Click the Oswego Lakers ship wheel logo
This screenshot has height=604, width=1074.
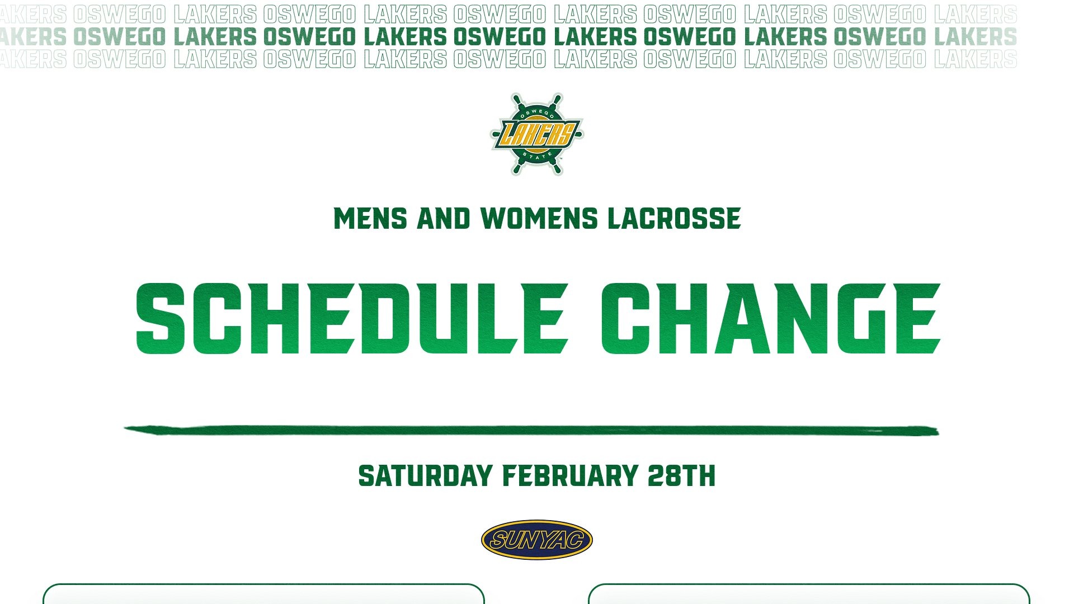point(537,134)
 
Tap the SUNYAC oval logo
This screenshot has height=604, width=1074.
point(537,540)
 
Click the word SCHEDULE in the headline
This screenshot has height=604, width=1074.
point(352,319)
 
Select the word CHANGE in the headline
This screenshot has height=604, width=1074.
point(771,319)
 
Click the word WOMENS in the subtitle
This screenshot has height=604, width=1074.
point(539,219)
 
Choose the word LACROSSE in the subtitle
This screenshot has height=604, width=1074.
point(674,219)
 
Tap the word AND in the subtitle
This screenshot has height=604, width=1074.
point(444,219)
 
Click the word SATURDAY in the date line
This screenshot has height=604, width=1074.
point(426,476)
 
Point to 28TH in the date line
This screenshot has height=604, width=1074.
point(681,476)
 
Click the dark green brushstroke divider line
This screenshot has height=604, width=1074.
point(531,430)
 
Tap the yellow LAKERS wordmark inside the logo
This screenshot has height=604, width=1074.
point(537,135)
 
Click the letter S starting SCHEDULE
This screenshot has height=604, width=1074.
point(161,319)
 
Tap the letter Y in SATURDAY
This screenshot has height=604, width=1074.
point(484,476)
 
